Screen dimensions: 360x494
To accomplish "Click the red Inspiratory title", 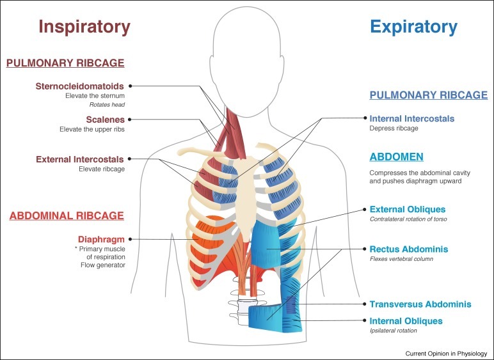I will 84,26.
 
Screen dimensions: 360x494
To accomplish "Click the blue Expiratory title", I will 414,26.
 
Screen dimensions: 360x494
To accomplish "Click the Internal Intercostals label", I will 412,118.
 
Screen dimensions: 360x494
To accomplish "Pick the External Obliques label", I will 408,209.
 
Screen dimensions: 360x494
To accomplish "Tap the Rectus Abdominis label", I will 408,249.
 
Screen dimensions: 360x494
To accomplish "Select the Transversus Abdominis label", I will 420,304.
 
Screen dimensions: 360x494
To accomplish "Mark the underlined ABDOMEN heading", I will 396,157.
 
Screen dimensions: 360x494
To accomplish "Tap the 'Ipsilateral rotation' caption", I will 393,331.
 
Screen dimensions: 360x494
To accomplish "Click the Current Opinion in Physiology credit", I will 446,353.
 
